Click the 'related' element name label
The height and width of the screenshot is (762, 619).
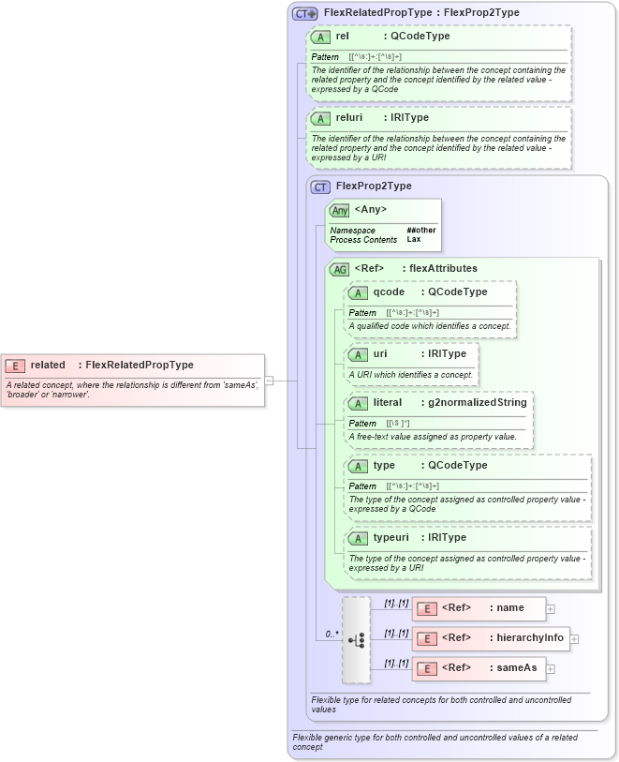pos(48,365)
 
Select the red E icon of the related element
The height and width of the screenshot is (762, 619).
pos(15,366)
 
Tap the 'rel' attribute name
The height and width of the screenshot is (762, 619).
pos(343,36)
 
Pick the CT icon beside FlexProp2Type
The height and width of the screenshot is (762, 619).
pos(321,187)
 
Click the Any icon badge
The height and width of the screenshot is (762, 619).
pos(340,210)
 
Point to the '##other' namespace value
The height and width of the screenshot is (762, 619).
pos(420,230)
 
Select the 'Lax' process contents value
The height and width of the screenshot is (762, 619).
pos(412,239)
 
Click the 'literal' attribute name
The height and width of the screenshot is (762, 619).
pos(388,402)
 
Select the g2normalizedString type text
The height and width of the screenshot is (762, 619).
pos(477,402)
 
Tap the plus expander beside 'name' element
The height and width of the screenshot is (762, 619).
pos(551,608)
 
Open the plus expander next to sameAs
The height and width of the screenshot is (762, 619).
pos(551,668)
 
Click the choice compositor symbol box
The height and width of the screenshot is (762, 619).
pos(356,639)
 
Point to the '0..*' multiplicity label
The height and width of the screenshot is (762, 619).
pos(332,634)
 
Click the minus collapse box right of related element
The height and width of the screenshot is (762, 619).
pos(269,381)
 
